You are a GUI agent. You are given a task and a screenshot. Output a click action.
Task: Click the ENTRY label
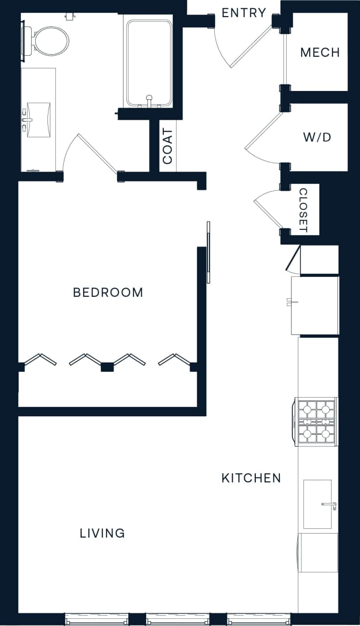[x=244, y=13]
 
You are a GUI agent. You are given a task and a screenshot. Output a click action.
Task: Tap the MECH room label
[x=320, y=52]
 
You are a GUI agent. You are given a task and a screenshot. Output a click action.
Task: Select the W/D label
[x=317, y=137]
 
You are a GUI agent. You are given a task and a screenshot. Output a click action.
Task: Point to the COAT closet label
[x=168, y=146]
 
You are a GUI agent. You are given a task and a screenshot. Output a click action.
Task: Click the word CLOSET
[x=303, y=210]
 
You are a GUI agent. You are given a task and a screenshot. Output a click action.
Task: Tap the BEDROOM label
[x=108, y=292]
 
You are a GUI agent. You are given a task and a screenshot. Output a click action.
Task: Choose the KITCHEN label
[x=251, y=478]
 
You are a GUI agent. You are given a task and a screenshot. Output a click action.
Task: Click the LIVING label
[x=102, y=533]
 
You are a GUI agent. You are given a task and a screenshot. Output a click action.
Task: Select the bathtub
[x=149, y=62]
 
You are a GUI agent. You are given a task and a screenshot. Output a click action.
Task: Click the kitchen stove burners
[x=316, y=421]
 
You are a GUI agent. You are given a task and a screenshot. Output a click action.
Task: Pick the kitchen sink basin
[x=317, y=504]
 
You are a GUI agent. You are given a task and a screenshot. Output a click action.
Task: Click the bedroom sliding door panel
[x=208, y=252]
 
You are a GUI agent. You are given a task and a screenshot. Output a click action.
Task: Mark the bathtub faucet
[x=149, y=100]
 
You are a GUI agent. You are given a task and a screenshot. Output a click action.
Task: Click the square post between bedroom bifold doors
[x=107, y=367]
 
